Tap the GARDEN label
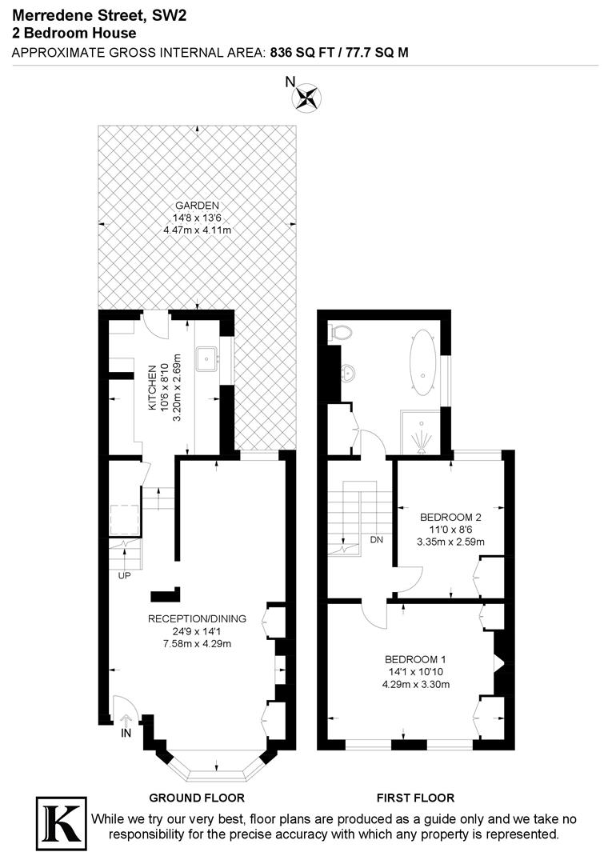(197, 205)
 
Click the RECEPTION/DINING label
(197, 618)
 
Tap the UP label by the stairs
(126, 575)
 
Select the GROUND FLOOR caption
(197, 798)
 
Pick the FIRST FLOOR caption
(415, 798)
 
